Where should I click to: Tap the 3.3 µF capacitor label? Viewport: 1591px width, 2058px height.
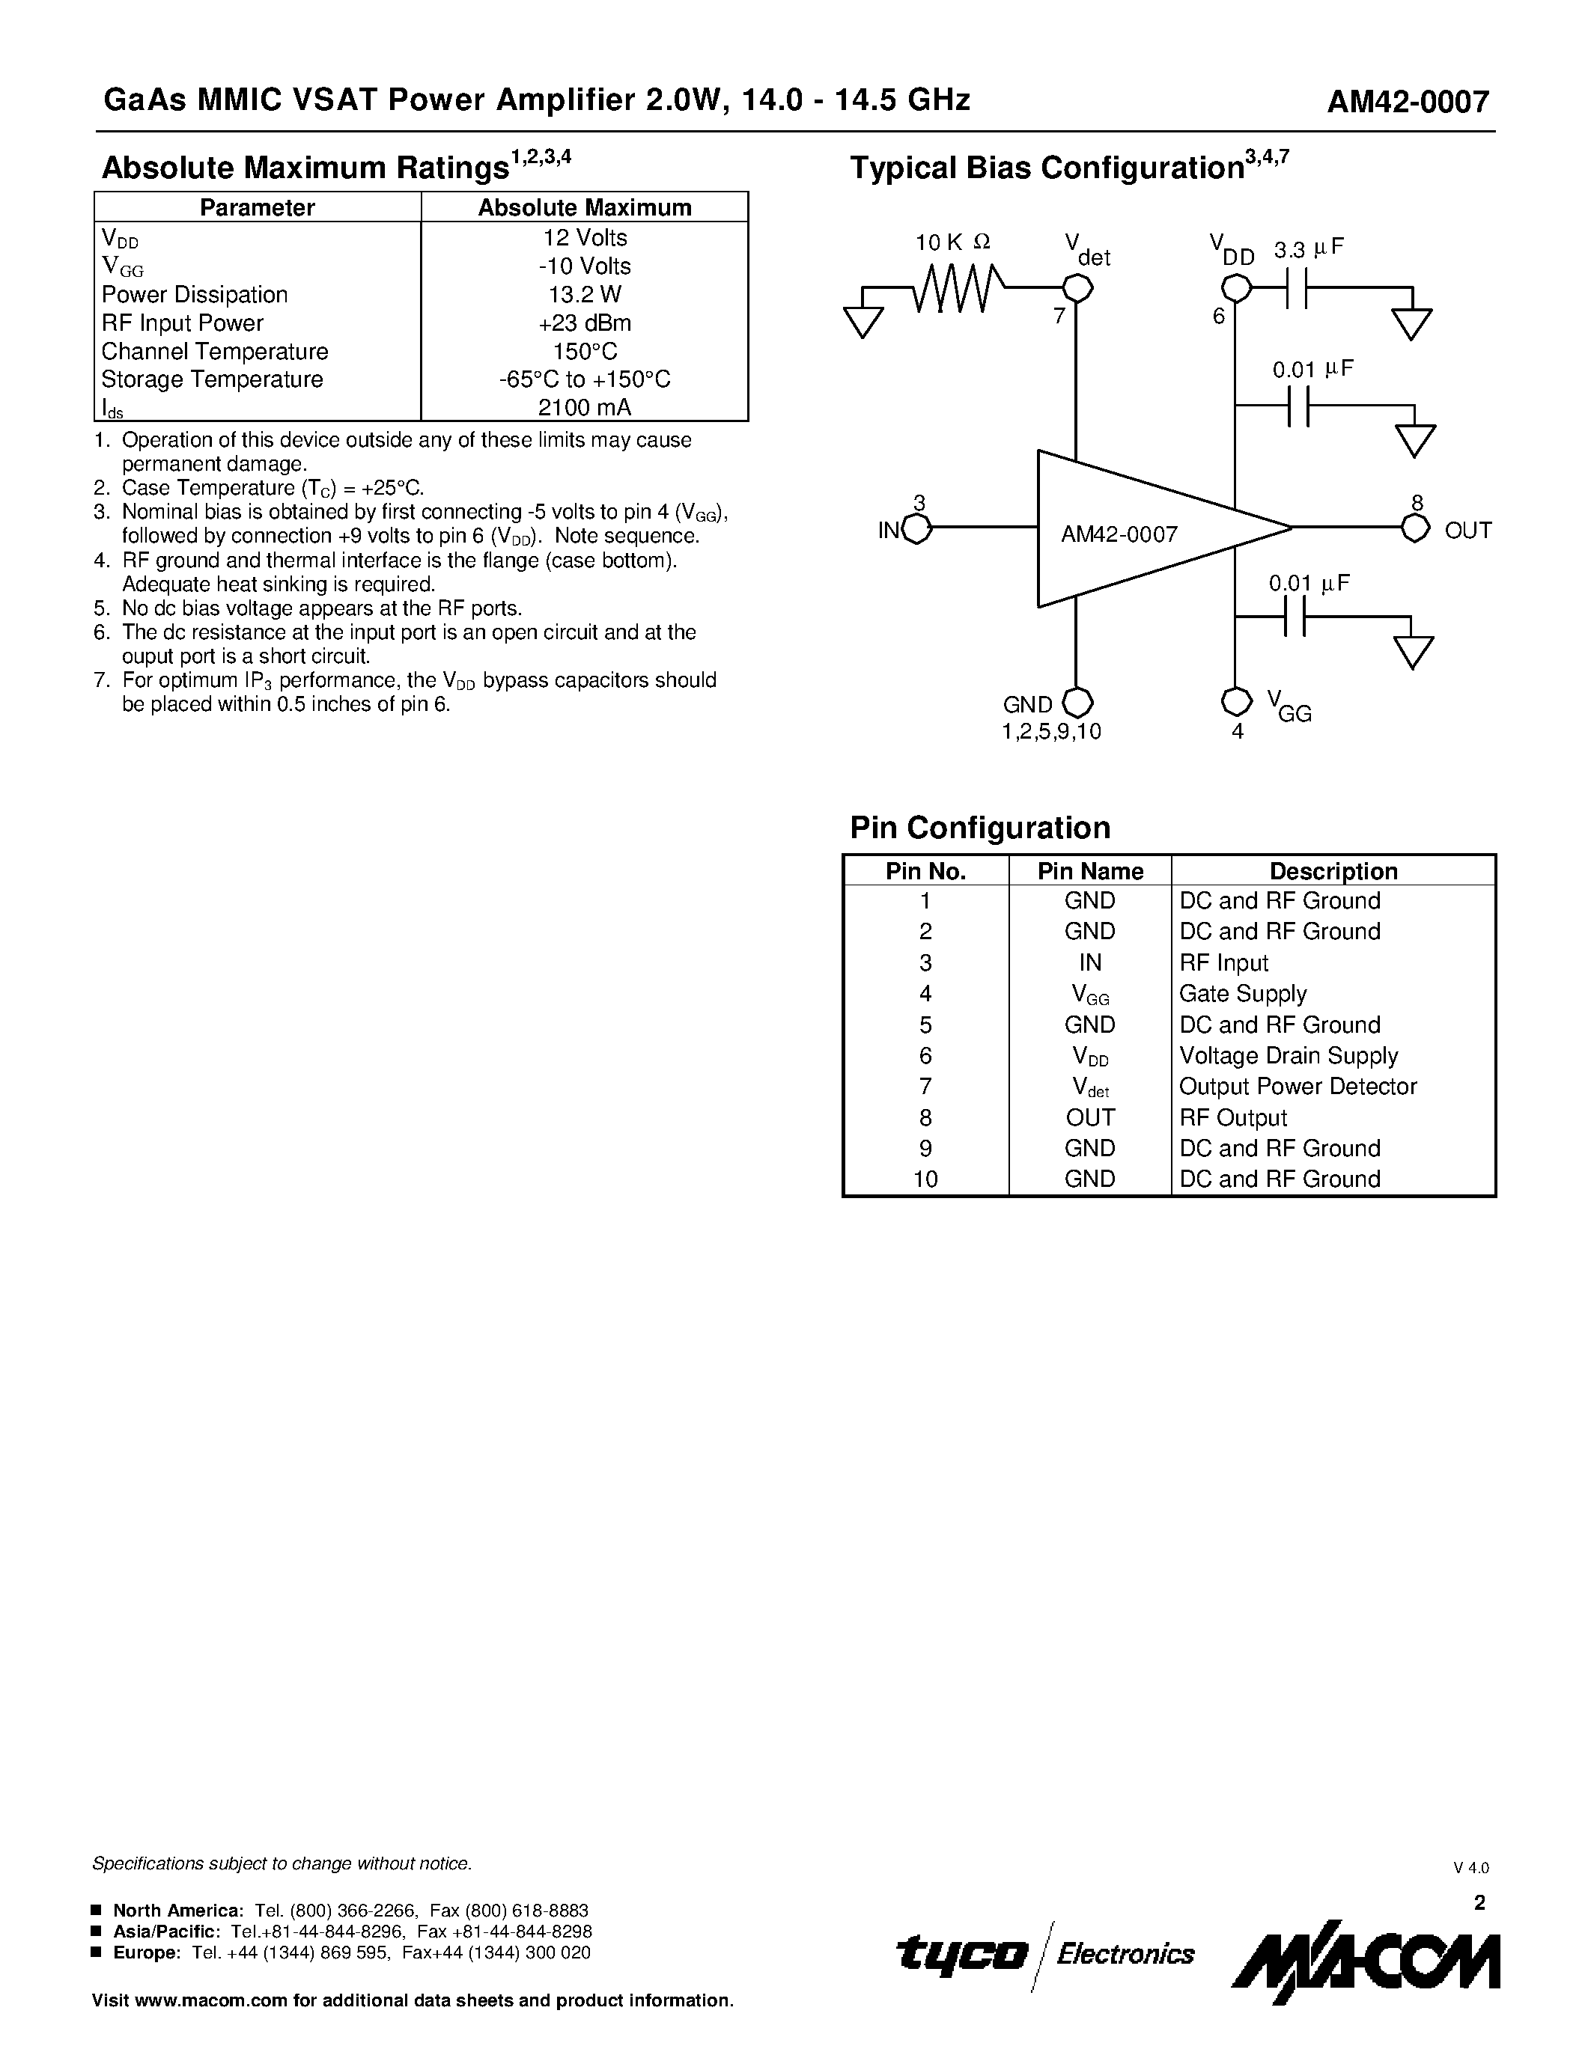click(x=1308, y=250)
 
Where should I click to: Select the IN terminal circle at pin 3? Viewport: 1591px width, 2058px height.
click(x=917, y=530)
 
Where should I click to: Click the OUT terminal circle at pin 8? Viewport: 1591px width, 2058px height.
click(x=1415, y=528)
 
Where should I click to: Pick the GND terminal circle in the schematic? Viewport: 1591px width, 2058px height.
click(x=1077, y=703)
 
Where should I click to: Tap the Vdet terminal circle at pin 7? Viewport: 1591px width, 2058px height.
click(x=1077, y=288)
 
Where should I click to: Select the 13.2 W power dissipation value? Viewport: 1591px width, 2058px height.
click(x=585, y=295)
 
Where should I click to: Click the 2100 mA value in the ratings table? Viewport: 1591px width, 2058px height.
click(x=585, y=407)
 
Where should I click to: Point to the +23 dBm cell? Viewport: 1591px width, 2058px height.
click(x=585, y=323)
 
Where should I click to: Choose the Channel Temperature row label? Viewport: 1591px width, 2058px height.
click(x=215, y=352)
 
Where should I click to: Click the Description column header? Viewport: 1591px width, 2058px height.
click(x=1333, y=870)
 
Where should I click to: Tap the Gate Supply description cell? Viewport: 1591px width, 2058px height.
click(x=1242, y=993)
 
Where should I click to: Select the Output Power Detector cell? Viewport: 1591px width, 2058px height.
click(x=1297, y=1087)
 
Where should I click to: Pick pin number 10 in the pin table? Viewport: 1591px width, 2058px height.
click(x=925, y=1179)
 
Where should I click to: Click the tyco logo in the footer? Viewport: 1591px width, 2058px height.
click(x=961, y=1953)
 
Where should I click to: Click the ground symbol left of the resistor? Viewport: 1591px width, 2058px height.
click(x=863, y=321)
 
